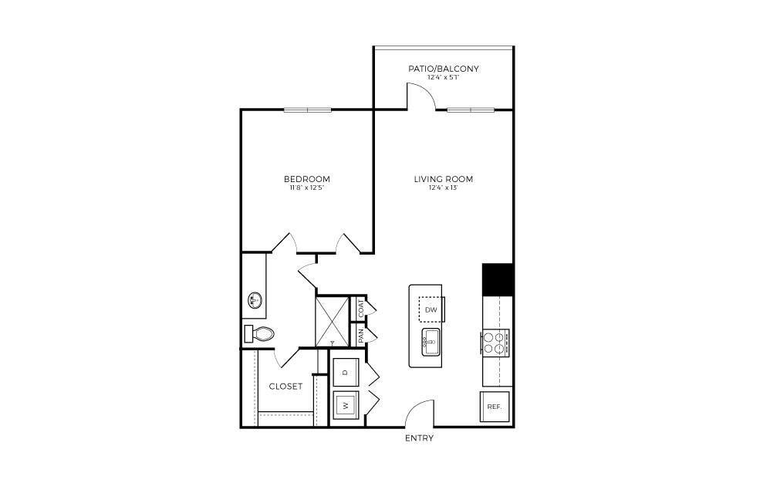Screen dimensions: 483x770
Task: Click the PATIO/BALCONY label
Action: [443, 69]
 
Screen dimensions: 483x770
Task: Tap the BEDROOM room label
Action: [307, 179]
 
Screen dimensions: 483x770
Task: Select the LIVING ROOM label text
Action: [443, 179]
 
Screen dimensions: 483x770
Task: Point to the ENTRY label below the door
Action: [419, 438]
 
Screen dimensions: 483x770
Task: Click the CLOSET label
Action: [285, 386]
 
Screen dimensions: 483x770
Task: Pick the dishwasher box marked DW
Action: [431, 309]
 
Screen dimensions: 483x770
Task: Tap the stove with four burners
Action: [495, 342]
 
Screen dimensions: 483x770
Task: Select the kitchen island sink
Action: [430, 340]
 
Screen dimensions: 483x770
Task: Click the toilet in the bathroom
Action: [260, 334]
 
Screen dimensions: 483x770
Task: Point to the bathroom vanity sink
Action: [254, 299]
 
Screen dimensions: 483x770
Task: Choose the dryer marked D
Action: [345, 373]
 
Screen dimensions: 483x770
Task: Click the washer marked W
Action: [345, 404]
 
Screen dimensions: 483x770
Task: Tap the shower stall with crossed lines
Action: [331, 321]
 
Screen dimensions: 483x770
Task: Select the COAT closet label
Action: [360, 307]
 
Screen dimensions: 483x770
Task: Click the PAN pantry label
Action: [360, 336]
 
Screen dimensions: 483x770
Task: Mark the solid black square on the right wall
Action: [498, 279]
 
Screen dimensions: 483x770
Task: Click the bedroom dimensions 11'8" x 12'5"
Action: [307, 188]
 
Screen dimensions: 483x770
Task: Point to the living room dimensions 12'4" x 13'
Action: [443, 188]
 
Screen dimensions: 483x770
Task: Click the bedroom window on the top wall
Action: [308, 110]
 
